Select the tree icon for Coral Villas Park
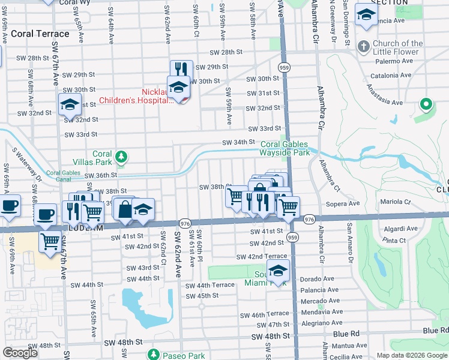tap(121, 158)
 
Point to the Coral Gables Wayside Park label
tap(284, 148)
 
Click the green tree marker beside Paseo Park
tap(154, 355)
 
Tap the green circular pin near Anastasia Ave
tap(426, 105)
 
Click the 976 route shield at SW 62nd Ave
tap(185, 223)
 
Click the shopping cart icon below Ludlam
tap(50, 241)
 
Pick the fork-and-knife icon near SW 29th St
tap(181, 70)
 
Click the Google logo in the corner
tap(20, 353)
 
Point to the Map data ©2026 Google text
tap(412, 355)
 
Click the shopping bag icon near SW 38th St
tap(124, 209)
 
